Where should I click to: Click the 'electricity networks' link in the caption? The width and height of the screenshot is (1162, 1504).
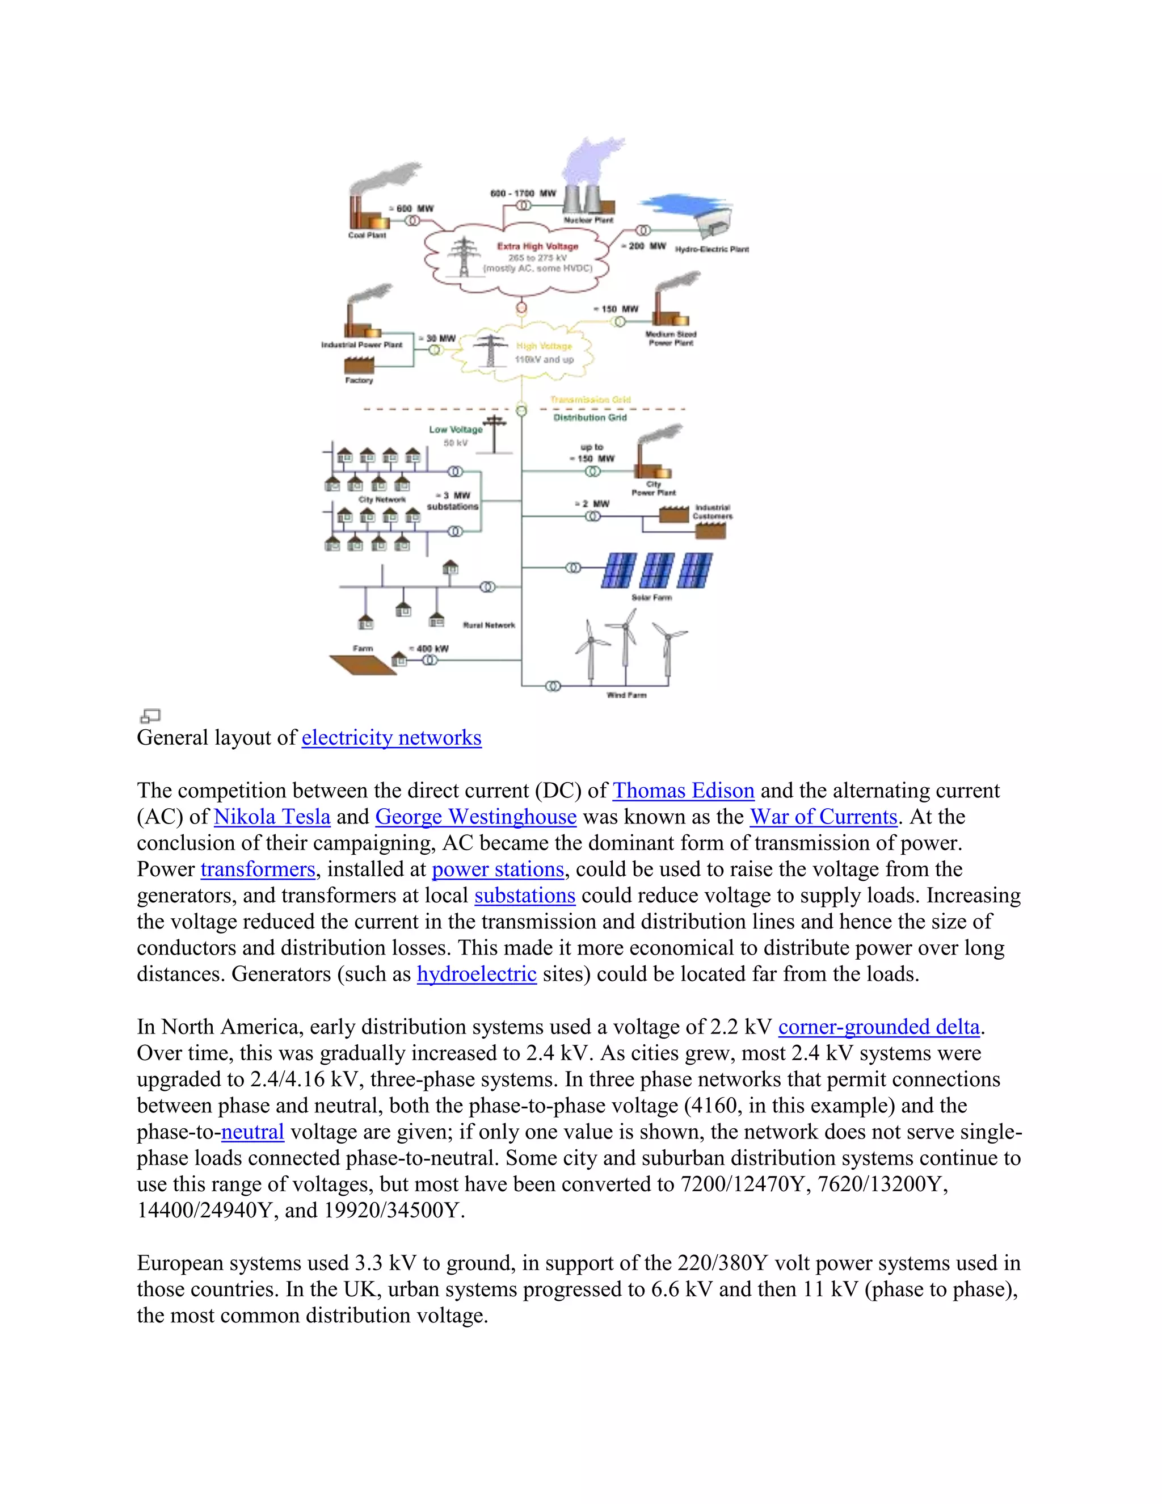tap(391, 738)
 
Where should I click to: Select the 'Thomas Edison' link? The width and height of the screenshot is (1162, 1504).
tap(683, 791)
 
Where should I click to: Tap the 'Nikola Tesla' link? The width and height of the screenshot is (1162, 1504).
tap(272, 817)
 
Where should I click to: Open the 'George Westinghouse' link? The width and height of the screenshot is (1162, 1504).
tap(475, 817)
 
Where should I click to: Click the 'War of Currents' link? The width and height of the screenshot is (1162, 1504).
tap(823, 817)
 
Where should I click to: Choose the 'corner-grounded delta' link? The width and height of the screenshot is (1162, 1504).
tap(878, 1027)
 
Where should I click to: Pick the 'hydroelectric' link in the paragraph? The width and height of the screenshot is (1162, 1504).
tap(477, 974)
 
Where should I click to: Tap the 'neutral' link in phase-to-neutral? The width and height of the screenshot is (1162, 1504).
tap(252, 1132)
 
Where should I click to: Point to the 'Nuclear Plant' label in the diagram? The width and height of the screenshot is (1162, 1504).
tap(588, 220)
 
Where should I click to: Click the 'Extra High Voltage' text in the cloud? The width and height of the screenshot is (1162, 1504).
tap(538, 246)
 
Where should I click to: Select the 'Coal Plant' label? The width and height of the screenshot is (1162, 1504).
tap(367, 236)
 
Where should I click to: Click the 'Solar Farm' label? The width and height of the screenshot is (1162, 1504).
tap(651, 598)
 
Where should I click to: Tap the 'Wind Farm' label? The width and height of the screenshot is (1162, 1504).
tap(626, 695)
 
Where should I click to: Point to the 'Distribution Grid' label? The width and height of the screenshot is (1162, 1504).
tap(590, 417)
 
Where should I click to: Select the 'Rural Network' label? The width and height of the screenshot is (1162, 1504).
tap(489, 625)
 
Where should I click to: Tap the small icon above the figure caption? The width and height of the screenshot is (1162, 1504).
tap(149, 716)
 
